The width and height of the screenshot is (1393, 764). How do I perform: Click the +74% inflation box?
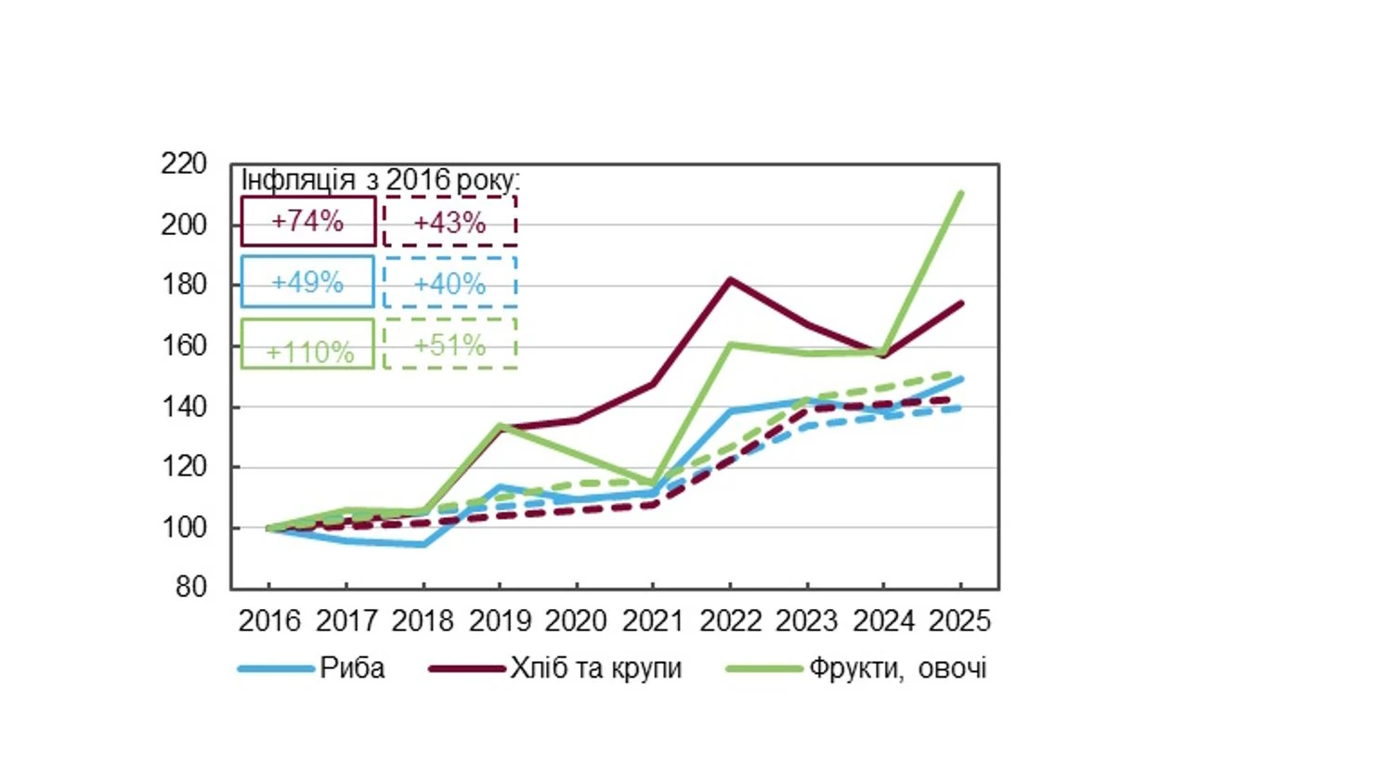(307, 221)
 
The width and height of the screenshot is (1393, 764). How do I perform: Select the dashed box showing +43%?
(449, 222)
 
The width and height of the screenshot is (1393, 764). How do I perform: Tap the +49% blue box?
(307, 282)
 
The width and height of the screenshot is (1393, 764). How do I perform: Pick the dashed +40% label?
(449, 283)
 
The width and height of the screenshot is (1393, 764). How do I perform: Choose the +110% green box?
(307, 345)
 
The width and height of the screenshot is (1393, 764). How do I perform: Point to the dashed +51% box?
(449, 344)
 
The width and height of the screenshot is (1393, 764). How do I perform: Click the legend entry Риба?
(351, 668)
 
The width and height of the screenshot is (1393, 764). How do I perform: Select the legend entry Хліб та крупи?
(594, 668)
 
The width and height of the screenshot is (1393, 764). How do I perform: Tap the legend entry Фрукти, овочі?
(896, 668)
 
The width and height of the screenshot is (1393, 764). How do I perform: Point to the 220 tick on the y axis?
(184, 164)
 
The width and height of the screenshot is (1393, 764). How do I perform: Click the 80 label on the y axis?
(190, 587)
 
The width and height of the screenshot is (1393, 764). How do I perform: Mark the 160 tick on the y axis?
(184, 345)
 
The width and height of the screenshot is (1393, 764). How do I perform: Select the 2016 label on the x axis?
(269, 620)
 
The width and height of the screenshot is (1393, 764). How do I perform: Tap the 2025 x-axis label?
(960, 620)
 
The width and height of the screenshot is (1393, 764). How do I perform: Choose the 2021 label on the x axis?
(653, 620)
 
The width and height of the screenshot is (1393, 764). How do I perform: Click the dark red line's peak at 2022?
(731, 279)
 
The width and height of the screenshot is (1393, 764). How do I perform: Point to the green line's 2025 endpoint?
(960, 193)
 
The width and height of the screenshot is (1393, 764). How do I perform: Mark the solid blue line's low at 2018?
(423, 544)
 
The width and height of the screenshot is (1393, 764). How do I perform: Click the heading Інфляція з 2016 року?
(380, 180)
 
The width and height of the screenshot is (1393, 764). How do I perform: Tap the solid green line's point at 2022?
(731, 344)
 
